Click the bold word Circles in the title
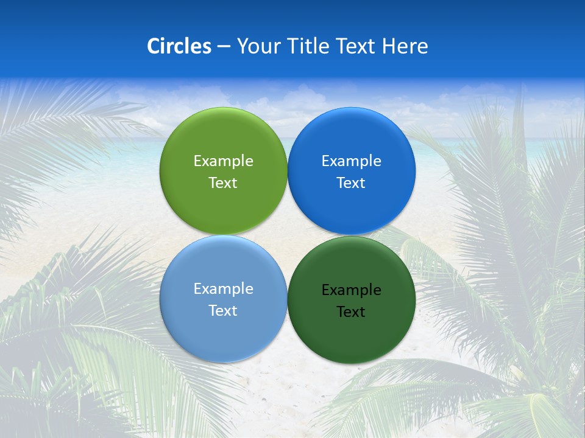click(179, 46)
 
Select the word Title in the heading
click(307, 46)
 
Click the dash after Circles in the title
click(224, 47)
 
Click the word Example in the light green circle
click(223, 161)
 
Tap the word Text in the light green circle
click(223, 182)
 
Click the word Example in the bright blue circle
click(352, 161)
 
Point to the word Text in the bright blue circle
click(352, 182)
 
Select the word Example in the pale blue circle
click(223, 289)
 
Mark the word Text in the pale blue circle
click(223, 310)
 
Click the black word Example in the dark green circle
click(352, 290)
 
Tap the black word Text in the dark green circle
click(352, 311)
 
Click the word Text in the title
click(356, 46)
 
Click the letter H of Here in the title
click(388, 46)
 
